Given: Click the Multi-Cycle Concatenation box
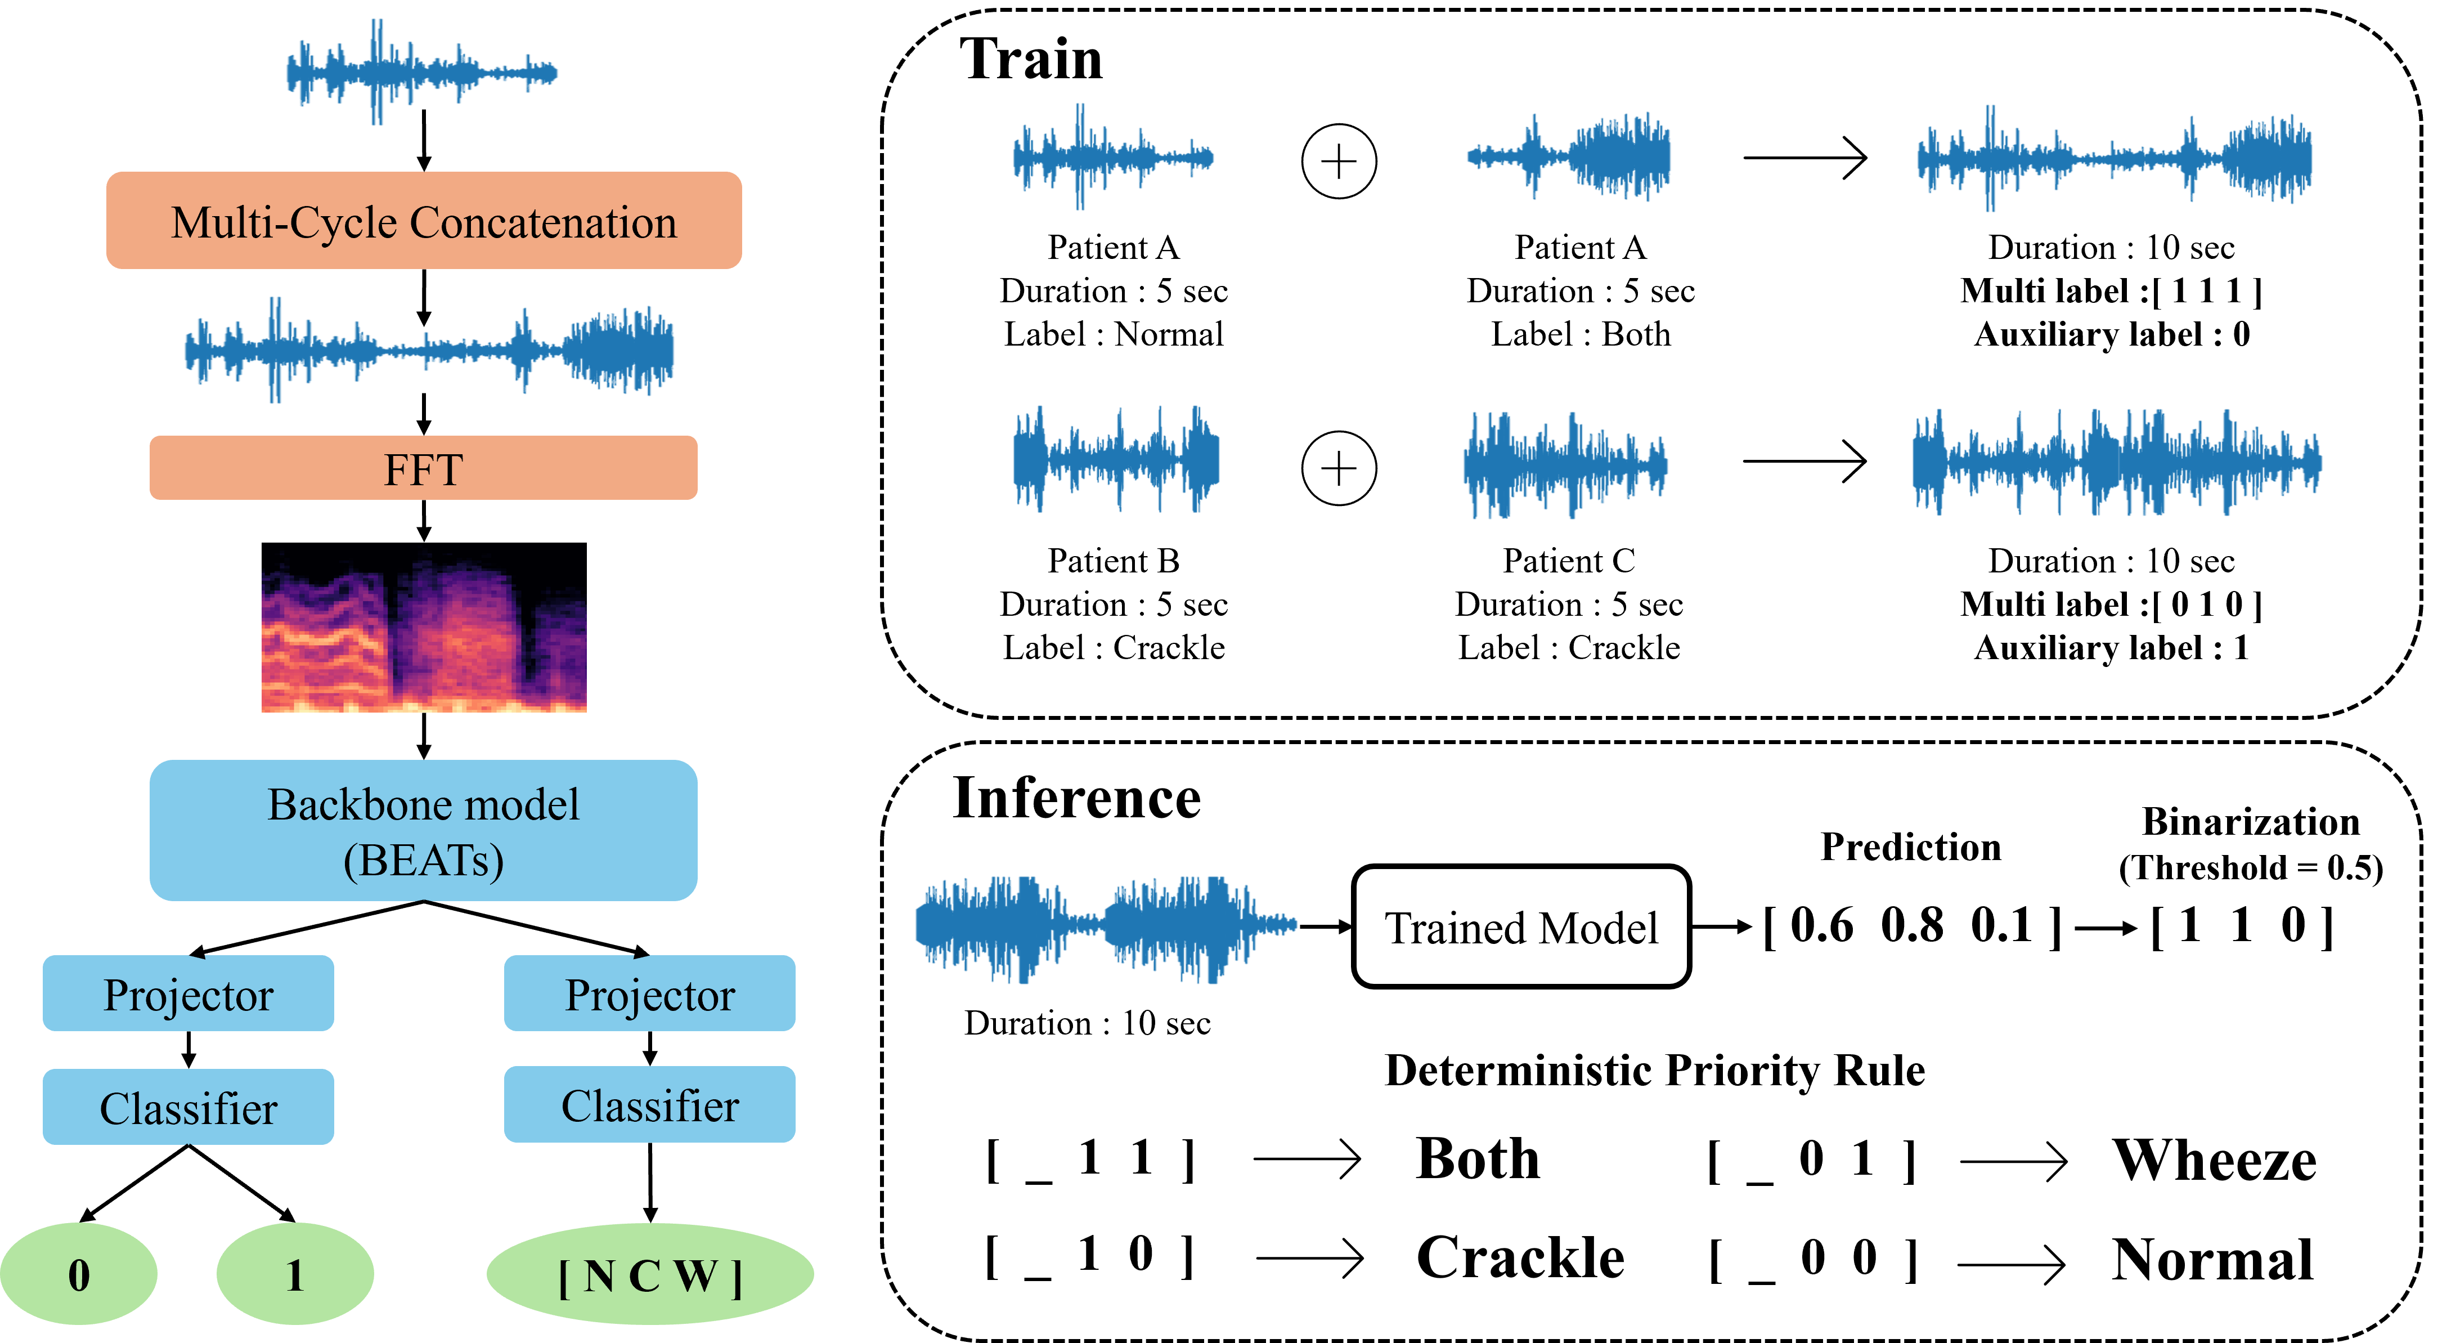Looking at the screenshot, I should pos(423,220).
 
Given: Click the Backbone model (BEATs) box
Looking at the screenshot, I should pos(423,830).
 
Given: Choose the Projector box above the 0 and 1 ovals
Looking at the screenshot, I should pos(188,993).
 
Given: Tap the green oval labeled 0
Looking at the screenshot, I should pos(79,1274).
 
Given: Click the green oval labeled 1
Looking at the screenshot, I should pos(295,1274).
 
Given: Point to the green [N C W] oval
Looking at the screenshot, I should pos(650,1274).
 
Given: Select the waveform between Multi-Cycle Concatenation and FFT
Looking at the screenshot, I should pos(429,350).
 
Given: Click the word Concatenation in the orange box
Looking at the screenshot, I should pos(544,223).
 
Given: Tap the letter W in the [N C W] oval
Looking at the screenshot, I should pos(697,1277).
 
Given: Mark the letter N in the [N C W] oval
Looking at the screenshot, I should pos(599,1277).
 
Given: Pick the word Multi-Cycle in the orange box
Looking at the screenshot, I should pos(284,223).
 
